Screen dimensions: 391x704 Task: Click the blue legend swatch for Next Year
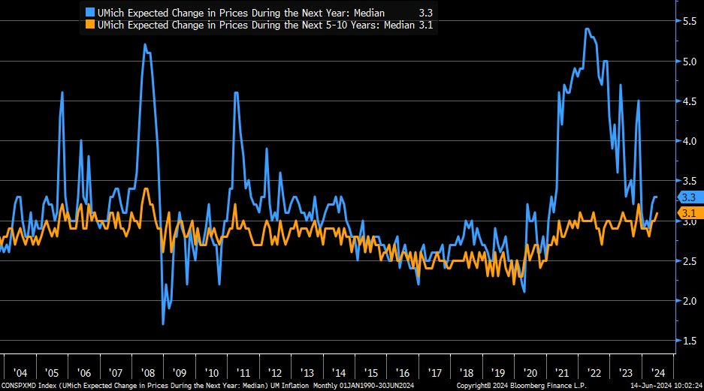click(x=90, y=13)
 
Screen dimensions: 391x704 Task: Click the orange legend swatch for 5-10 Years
click(x=90, y=25)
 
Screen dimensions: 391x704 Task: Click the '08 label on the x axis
click(x=147, y=373)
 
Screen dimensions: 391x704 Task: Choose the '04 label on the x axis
click(x=20, y=373)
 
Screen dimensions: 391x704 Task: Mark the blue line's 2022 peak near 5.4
click(x=587, y=29)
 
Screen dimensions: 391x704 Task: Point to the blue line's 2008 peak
click(x=144, y=45)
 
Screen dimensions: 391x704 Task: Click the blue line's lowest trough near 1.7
click(x=164, y=323)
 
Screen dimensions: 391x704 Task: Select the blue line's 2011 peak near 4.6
click(x=236, y=92)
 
